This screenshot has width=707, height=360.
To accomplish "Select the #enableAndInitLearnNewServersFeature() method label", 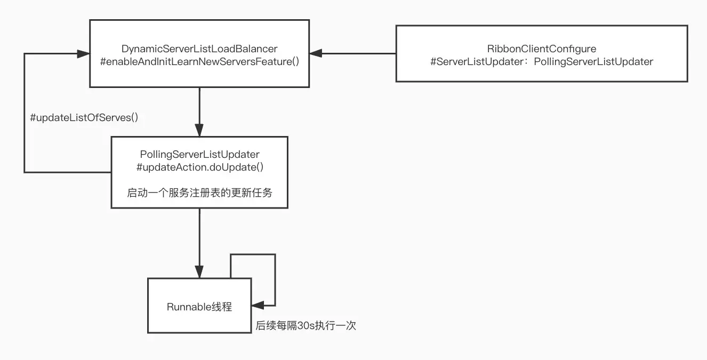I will [x=199, y=61].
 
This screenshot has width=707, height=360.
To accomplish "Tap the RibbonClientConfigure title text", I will [x=541, y=49].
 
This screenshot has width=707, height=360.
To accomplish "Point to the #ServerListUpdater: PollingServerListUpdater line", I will [x=541, y=61].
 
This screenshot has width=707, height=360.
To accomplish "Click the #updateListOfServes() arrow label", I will [x=84, y=118].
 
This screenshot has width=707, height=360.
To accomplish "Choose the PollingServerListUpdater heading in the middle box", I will [x=199, y=154].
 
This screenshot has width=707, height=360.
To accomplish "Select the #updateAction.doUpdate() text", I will [x=199, y=167].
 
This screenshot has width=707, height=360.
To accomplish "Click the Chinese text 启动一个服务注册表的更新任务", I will [x=199, y=193].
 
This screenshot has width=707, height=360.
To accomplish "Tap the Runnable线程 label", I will [x=199, y=307].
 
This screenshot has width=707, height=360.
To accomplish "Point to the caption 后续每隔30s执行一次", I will [x=306, y=325].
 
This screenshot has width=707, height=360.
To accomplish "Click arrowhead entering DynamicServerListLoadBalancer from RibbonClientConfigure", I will [x=316, y=53].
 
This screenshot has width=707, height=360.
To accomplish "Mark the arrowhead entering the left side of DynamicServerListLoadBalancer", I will [x=83, y=53].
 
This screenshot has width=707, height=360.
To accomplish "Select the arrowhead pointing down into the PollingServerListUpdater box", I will [x=199, y=131].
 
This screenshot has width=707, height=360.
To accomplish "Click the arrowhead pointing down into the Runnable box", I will [x=199, y=272].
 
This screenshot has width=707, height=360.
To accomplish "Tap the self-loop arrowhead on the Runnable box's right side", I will [x=258, y=306].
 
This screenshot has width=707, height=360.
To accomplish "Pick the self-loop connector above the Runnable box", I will [x=253, y=255].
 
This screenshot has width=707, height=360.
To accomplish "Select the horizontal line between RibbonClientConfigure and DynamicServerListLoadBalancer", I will [x=357, y=53].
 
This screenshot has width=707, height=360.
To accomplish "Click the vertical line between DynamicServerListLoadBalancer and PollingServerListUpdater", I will [x=199, y=107].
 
